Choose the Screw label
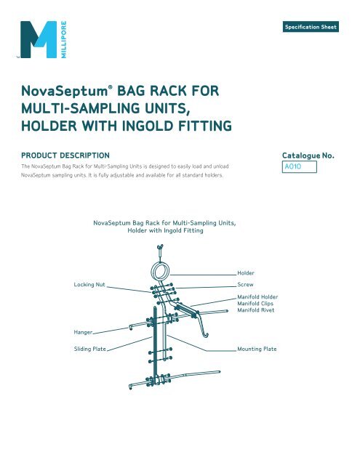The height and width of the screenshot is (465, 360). coord(247,284)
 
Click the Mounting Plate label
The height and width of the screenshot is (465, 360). coord(262,349)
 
